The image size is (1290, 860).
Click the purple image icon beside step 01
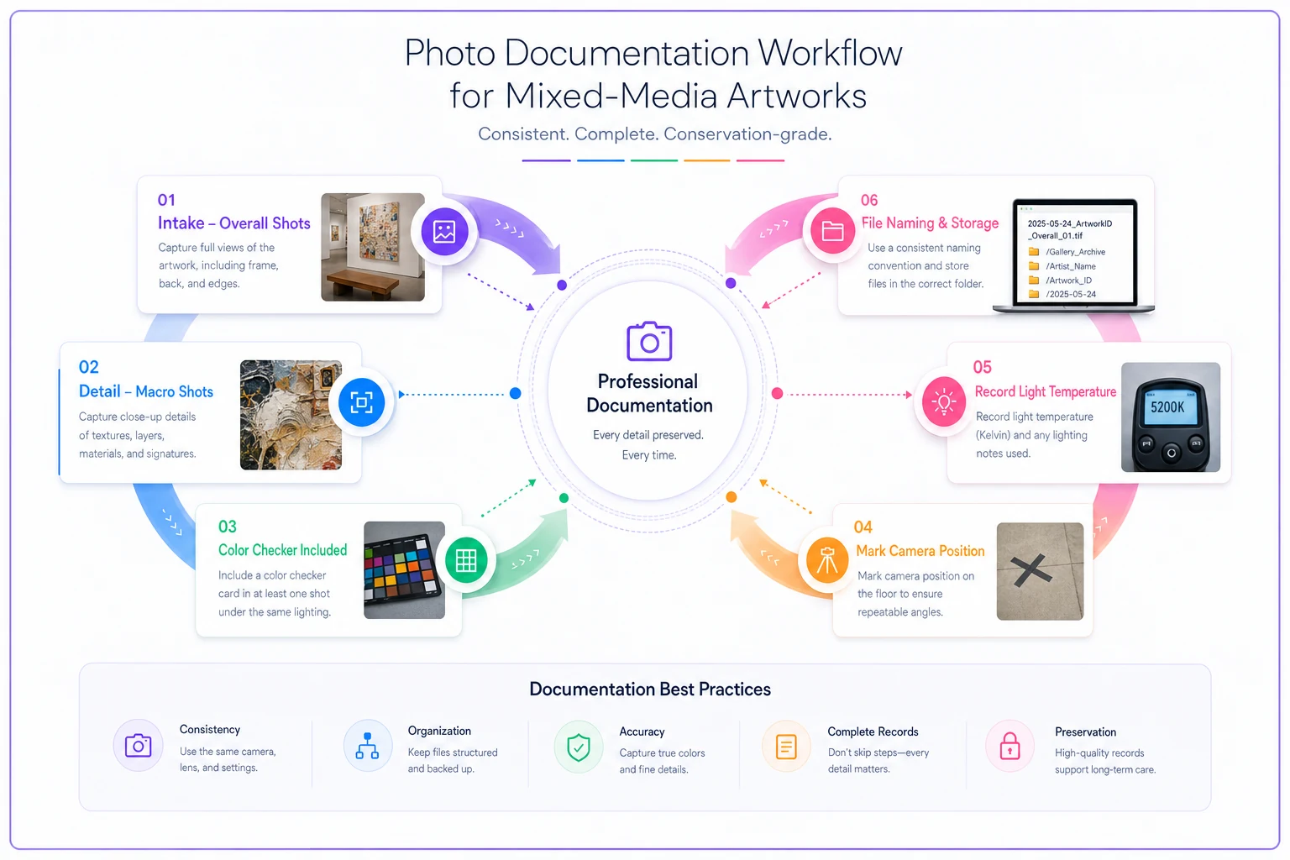(444, 232)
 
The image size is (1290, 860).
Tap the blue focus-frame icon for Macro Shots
(361, 402)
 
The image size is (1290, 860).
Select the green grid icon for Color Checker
(466, 560)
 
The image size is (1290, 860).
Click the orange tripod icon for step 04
(827, 560)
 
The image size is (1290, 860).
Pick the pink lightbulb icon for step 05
(943, 401)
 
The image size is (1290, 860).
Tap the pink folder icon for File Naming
(832, 231)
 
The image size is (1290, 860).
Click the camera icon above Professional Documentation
(649, 342)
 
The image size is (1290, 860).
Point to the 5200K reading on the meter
(1167, 407)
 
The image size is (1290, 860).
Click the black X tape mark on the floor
(1031, 570)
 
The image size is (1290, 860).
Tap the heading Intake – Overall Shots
(233, 223)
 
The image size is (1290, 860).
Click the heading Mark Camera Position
(920, 551)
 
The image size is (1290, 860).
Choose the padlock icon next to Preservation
(1009, 747)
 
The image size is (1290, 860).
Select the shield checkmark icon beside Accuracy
(578, 747)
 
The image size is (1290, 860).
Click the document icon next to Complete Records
(786, 747)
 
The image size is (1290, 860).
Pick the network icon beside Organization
(367, 746)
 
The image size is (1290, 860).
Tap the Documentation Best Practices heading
(649, 689)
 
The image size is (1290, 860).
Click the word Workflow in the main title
(830, 53)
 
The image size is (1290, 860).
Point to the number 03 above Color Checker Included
(227, 527)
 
